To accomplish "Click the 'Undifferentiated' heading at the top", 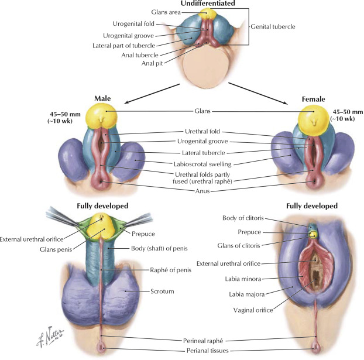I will (200, 4).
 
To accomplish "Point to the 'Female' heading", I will (314, 99).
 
